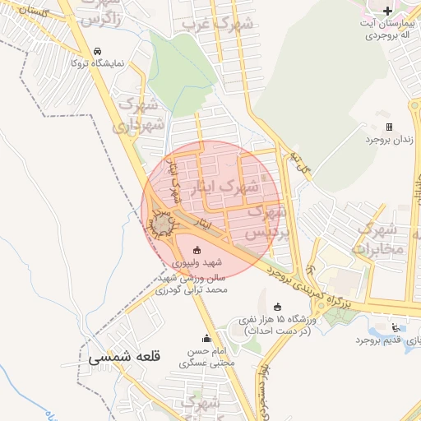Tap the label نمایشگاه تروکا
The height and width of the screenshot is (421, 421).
(x=99, y=62)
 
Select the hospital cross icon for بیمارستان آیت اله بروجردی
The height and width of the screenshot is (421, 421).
(x=388, y=11)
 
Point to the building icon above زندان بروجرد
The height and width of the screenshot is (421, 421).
(x=388, y=127)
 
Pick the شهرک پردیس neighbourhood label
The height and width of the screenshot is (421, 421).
(x=268, y=222)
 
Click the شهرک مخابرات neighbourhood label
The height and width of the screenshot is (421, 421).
(x=382, y=237)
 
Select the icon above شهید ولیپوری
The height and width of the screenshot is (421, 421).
(x=196, y=250)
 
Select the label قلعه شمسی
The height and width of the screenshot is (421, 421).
(x=120, y=359)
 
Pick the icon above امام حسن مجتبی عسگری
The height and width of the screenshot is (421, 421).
(x=206, y=338)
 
